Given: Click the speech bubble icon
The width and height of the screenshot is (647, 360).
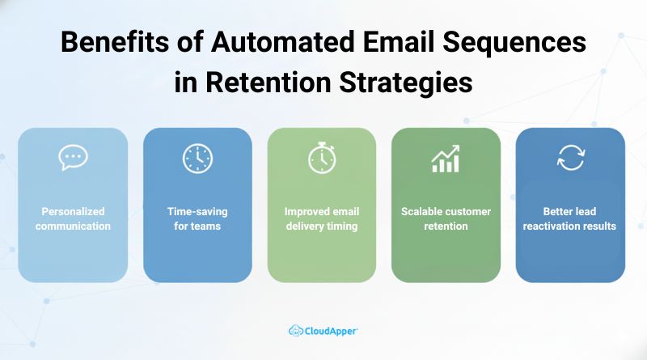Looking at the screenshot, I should click(73, 158).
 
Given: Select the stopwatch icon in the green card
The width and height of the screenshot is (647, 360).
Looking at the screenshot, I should click(321, 158).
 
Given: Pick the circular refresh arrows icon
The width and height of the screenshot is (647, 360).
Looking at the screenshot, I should click(570, 158).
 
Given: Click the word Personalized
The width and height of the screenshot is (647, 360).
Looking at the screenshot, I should click(73, 212).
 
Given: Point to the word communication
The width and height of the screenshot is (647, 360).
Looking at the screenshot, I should click(73, 227).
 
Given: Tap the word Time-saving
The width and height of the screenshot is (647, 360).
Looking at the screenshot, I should click(197, 212).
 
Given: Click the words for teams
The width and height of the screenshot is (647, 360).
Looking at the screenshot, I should click(197, 227).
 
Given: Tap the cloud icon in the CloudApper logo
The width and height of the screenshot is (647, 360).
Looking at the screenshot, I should click(296, 330).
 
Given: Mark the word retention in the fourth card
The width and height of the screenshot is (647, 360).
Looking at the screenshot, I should click(446, 227).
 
